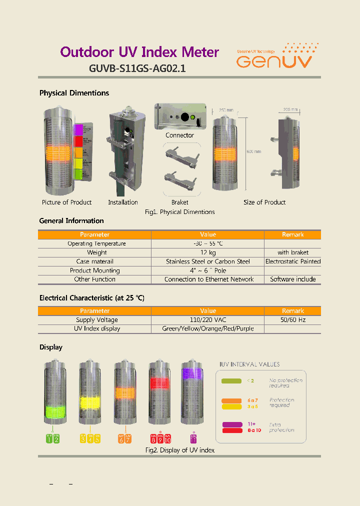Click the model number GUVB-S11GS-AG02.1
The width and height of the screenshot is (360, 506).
[x=137, y=69]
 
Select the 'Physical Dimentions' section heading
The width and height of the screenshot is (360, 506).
[x=74, y=93]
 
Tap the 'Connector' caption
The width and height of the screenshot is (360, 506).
[x=179, y=135]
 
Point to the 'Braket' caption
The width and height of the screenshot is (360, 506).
[x=180, y=202]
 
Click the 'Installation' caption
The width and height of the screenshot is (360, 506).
[x=123, y=202]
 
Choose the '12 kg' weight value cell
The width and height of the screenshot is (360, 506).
[x=208, y=252]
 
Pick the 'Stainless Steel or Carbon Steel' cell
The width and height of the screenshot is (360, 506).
[x=208, y=261]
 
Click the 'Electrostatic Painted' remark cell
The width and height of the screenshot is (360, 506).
[x=293, y=261]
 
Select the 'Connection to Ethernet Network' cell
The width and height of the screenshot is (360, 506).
[x=209, y=279]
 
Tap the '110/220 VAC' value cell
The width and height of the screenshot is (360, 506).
[x=208, y=320]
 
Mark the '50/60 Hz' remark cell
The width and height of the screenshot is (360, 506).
[x=293, y=320]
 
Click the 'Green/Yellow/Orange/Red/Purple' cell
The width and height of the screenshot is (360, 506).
[x=208, y=329]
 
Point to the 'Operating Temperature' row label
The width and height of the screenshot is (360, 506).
[x=96, y=243]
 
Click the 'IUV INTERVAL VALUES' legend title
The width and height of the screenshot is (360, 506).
[x=250, y=364]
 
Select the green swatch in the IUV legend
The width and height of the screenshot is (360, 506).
[x=231, y=381]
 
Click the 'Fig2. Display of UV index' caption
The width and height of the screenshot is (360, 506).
[x=180, y=450]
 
